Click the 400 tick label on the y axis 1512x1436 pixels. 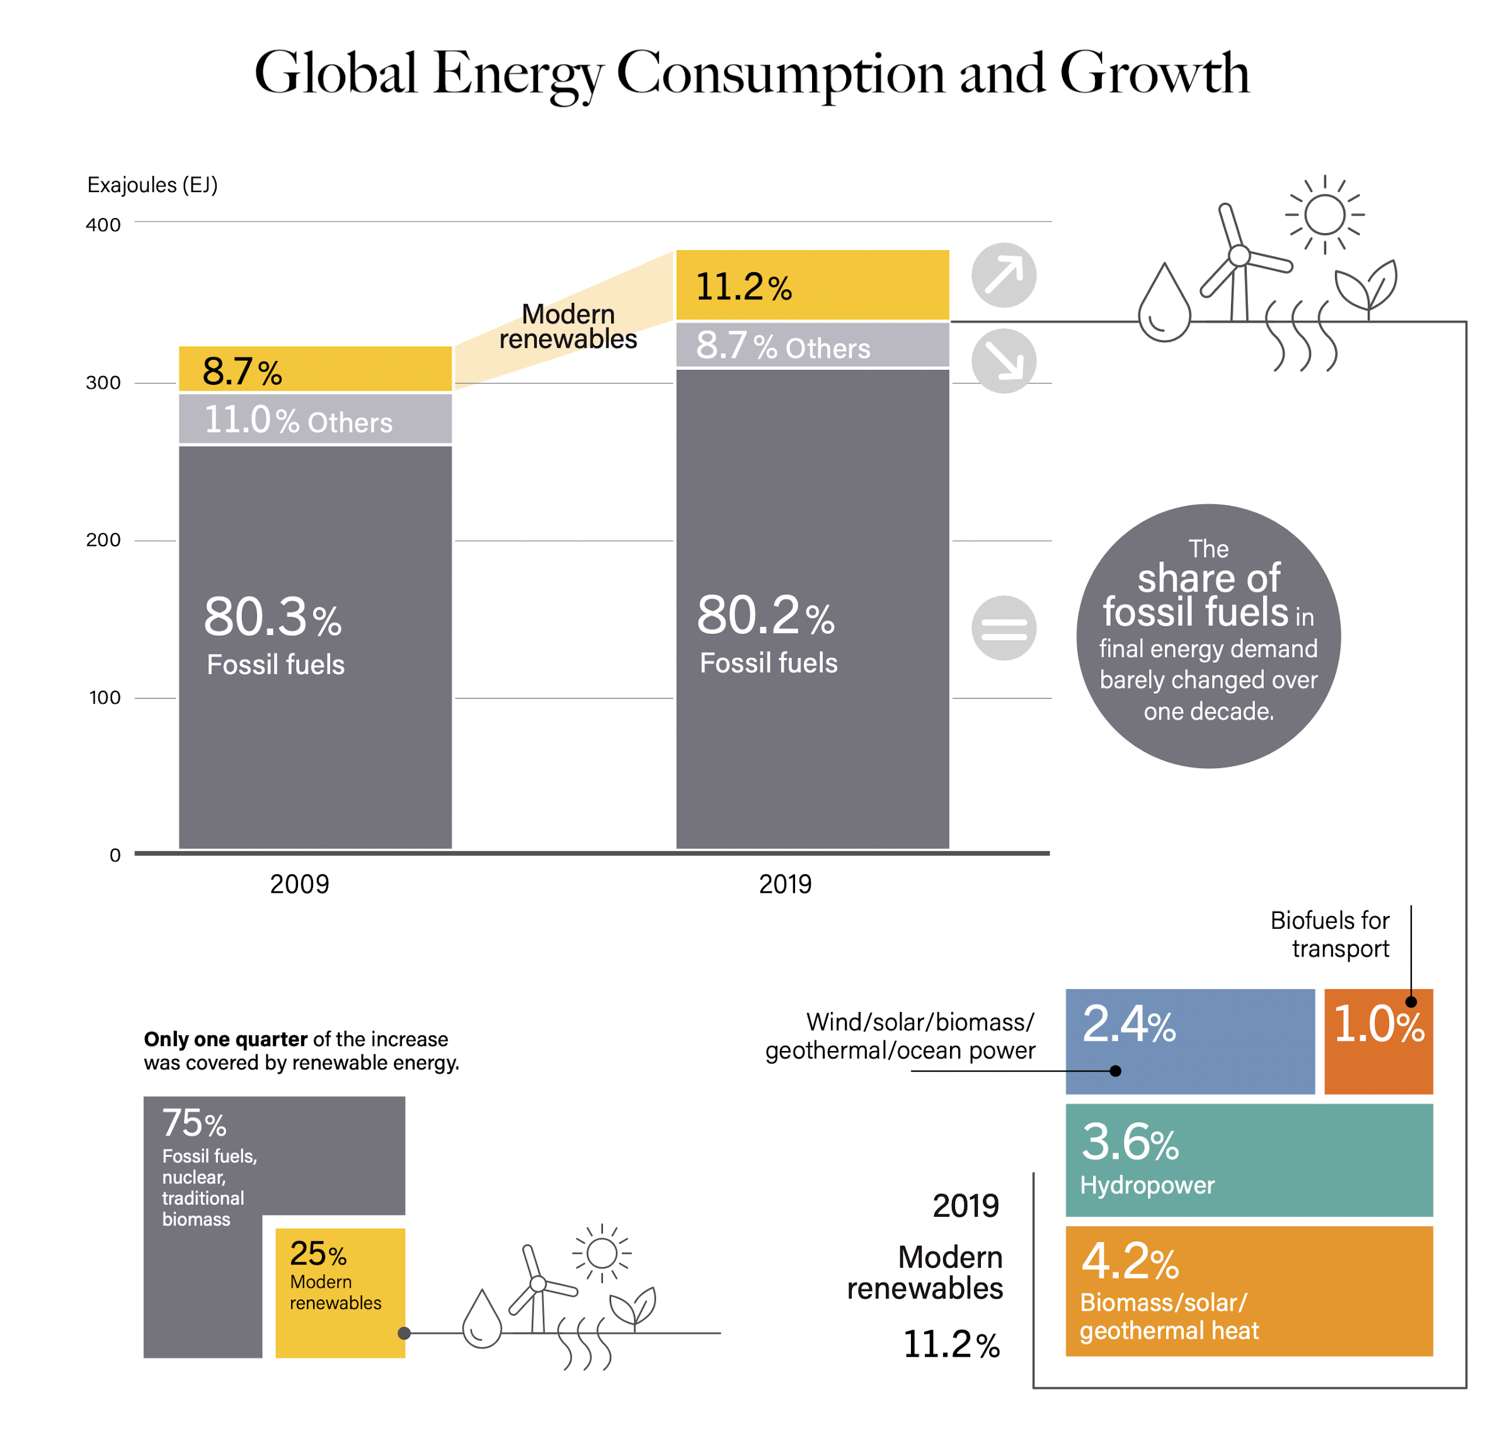103,225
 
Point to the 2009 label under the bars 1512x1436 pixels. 299,884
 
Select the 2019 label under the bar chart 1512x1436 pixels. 784,884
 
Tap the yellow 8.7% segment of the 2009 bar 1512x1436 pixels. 315,369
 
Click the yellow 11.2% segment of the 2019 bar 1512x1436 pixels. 812,285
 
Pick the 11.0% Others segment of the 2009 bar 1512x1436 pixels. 315,419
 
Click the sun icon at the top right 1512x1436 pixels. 1324,214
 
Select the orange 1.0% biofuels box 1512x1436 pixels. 1377,1041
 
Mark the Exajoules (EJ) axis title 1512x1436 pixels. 152,185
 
